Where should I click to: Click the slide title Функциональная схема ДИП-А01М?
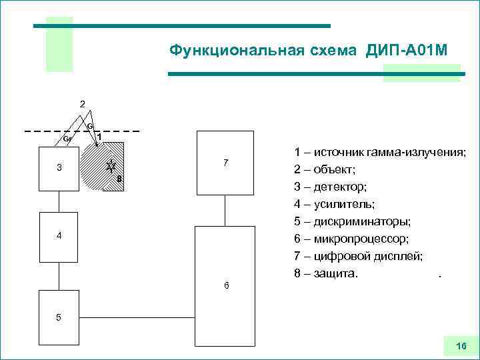pos(308,51)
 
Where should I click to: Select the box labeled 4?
pos(59,236)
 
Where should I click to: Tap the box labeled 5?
pos(59,317)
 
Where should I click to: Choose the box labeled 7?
pos(225,163)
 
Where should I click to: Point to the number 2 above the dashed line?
pos(82,104)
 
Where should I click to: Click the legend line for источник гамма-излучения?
pos(379,152)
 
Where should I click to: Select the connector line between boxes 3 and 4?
pos(59,201)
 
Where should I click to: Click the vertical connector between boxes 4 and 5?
pos(59,274)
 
